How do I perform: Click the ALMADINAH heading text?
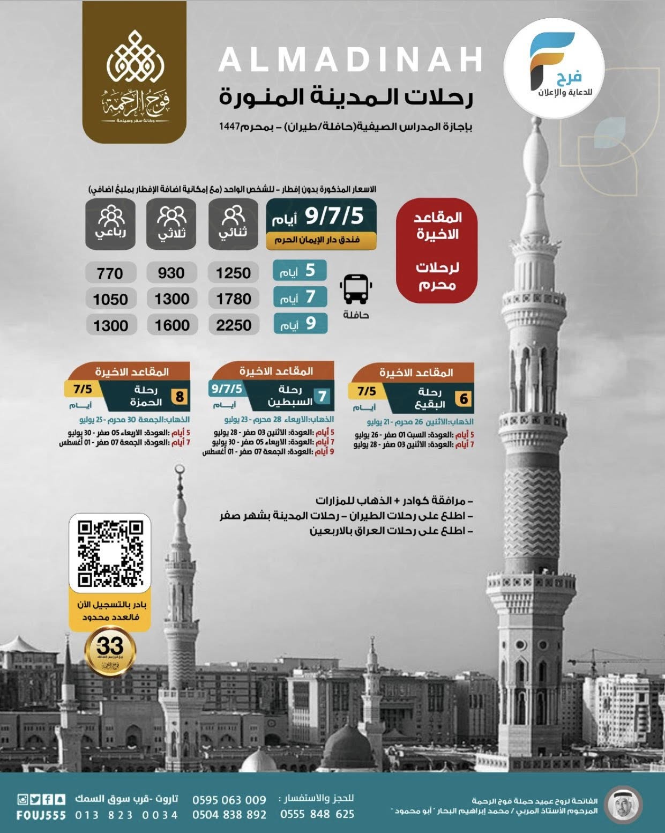[x=350, y=60]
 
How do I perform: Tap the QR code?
[x=110, y=553]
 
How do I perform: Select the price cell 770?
[x=110, y=273]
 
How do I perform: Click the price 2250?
[x=234, y=325]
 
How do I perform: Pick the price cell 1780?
[x=234, y=299]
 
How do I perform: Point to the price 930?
[x=171, y=273]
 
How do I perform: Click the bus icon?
[x=355, y=289]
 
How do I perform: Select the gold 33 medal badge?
[x=110, y=650]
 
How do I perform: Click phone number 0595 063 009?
[x=229, y=800]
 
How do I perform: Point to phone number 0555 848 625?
[x=317, y=814]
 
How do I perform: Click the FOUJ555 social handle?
[x=41, y=815]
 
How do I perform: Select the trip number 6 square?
[x=464, y=399]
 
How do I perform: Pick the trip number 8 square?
[x=180, y=397]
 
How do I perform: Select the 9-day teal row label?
[x=301, y=324]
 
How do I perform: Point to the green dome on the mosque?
[x=354, y=752]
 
